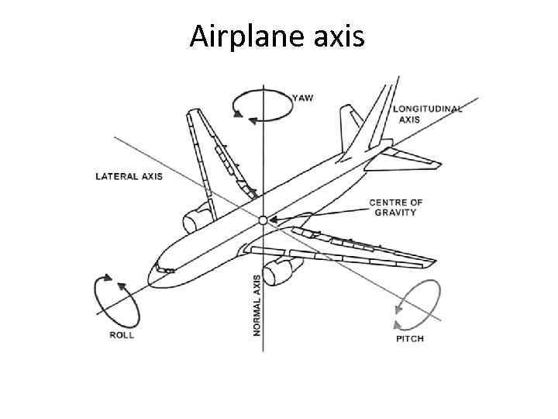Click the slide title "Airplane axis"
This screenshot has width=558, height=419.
point(277,36)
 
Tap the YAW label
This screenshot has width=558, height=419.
point(303,99)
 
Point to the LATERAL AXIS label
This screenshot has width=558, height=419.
point(129,177)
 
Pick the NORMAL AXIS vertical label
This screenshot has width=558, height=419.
point(257,302)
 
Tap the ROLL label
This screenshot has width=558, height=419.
point(121,334)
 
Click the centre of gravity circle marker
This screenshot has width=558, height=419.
point(263,221)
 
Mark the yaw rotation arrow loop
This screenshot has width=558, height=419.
point(259,106)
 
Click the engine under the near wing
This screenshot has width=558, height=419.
point(278,271)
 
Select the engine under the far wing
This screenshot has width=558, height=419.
point(198,216)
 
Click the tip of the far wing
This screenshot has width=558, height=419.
point(189,115)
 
